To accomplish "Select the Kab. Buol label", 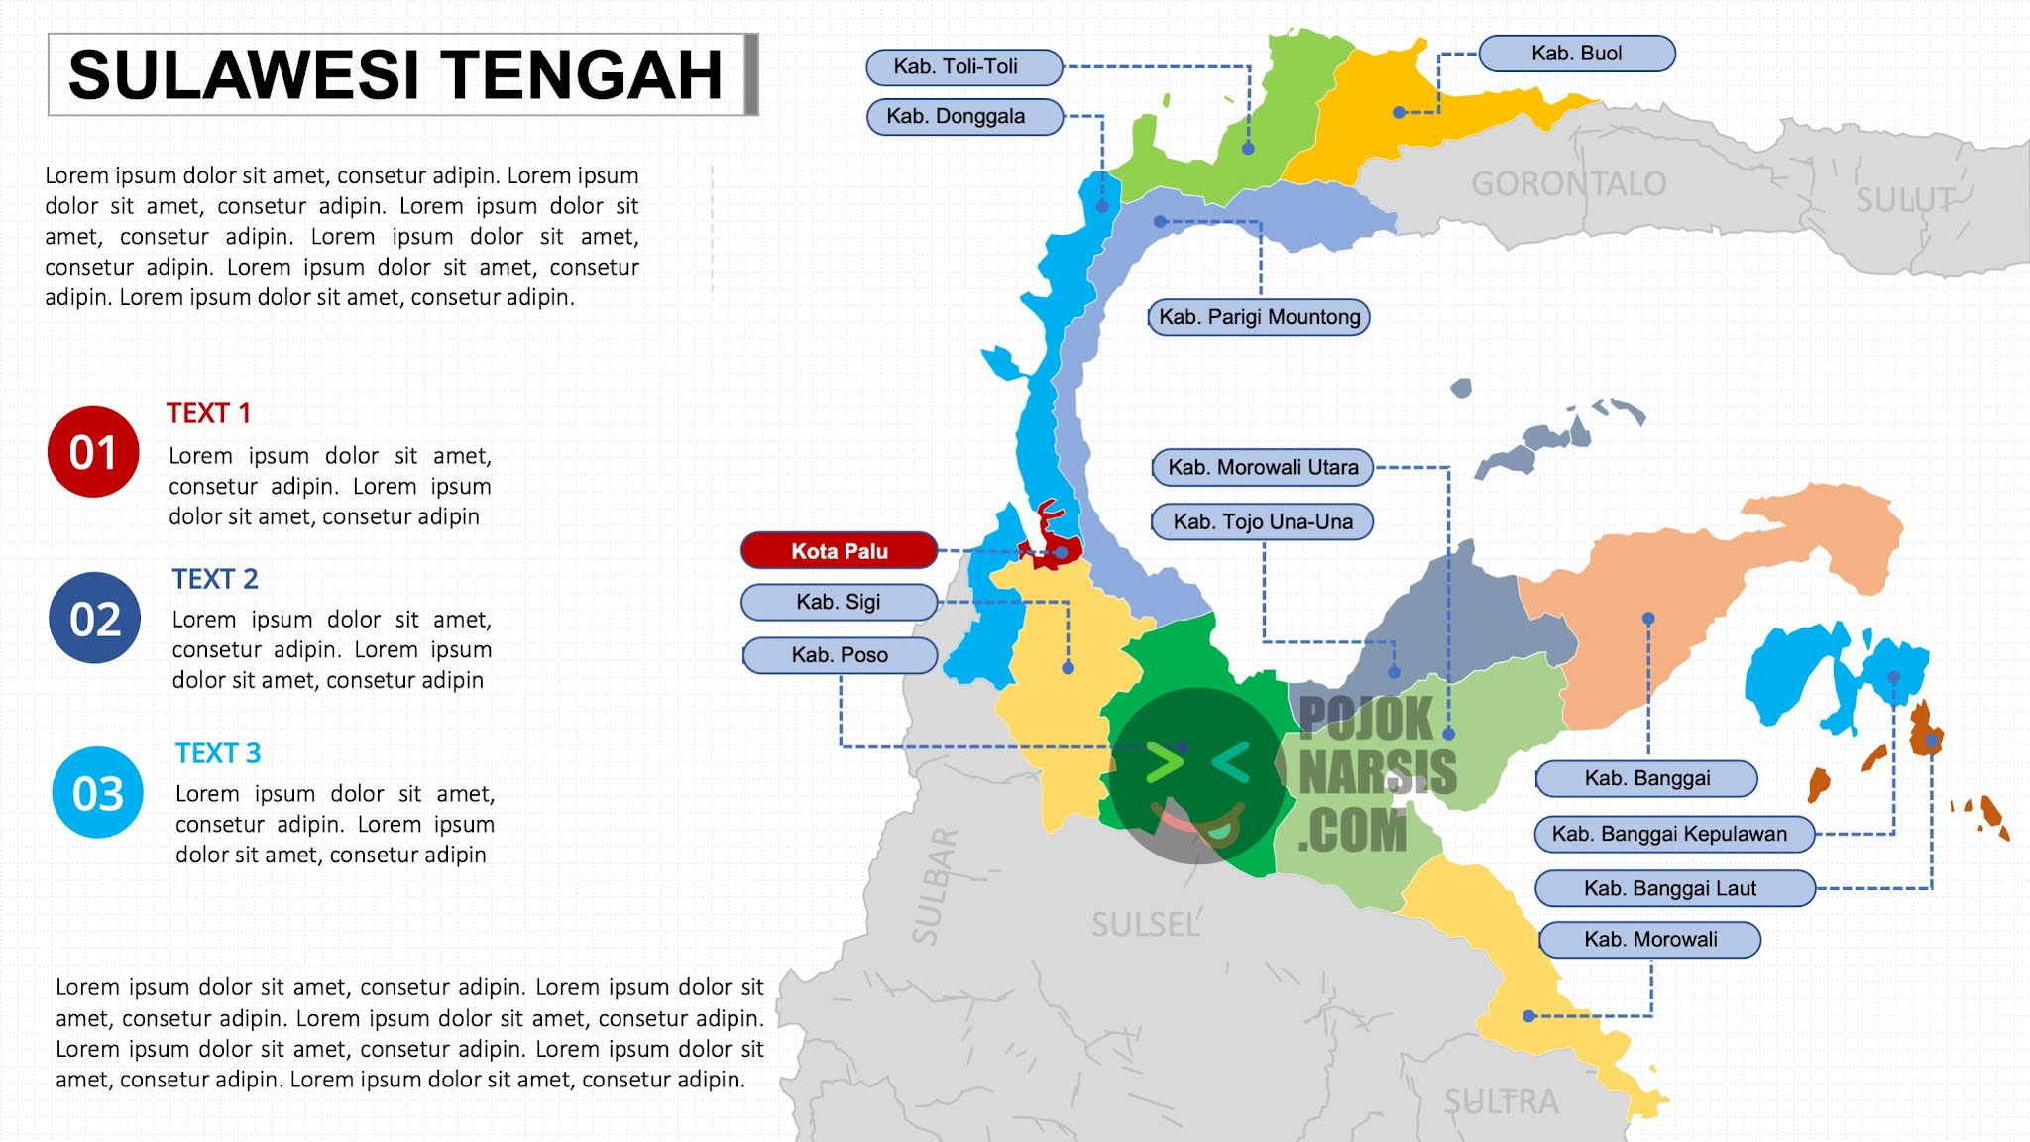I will pos(1576,54).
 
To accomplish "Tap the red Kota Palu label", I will pos(839,551).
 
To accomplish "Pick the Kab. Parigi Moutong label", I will pos(1259,317).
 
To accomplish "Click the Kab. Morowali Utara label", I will pos(1262,467).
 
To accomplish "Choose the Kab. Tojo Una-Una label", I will pos(1262,521).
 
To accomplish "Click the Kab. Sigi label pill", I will pos(839,602).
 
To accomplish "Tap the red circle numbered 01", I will pos(93,452).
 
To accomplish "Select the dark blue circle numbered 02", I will pos(95,619).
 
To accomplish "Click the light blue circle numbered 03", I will pos(97,793).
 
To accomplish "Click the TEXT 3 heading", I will pos(218,753).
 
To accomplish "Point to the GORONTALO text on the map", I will pos(1568,184).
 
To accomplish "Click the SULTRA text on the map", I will pos(1500,1101).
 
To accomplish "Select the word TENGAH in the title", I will pos(581,75).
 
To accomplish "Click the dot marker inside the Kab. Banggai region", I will pos(1648,619).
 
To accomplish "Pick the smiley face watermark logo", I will pos(1195,775).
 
